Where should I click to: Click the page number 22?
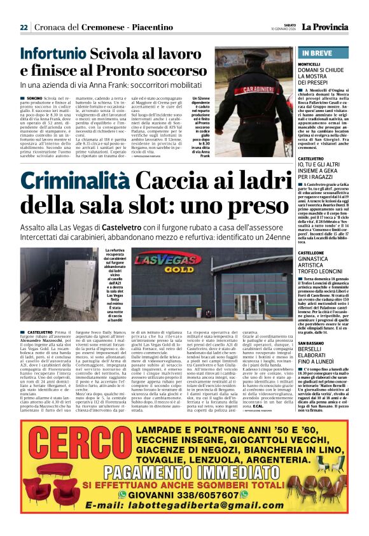pyautogui.click(x=24, y=28)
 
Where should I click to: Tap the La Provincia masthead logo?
pyautogui.click(x=329, y=27)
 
